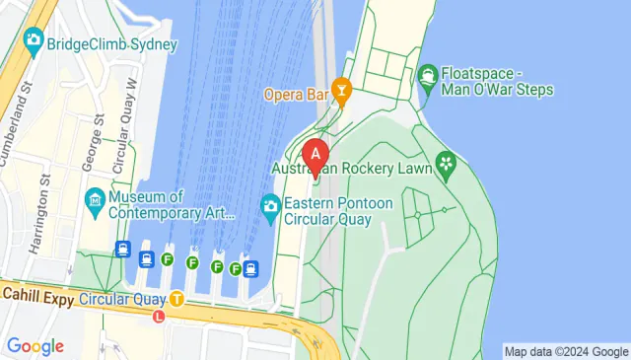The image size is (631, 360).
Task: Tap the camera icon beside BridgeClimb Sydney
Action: pyautogui.click(x=34, y=42)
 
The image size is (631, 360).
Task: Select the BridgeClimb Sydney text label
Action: pyautogui.click(x=111, y=44)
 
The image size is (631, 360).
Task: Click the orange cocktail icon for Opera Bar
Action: pyautogui.click(x=342, y=95)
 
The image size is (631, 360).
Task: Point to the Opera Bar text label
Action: pyautogui.click(x=296, y=95)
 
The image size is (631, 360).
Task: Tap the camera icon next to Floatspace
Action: pyautogui.click(x=428, y=74)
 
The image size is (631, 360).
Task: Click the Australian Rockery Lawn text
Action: pyautogui.click(x=352, y=170)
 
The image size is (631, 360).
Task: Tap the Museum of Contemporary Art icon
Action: pyautogui.click(x=96, y=203)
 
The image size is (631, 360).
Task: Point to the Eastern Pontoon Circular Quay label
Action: pyautogui.click(x=338, y=211)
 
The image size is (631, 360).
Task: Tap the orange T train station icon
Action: pyautogui.click(x=176, y=299)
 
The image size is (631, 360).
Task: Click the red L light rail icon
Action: pyautogui.click(x=159, y=316)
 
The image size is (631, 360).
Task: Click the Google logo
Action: pyautogui.click(x=35, y=346)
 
